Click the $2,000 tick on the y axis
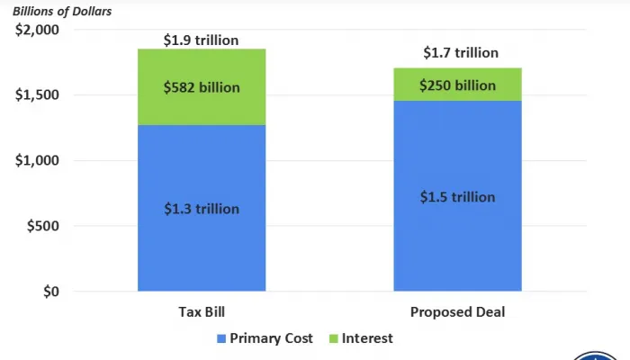pos(36,31)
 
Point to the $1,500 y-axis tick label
pos(36,95)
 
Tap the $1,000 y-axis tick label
pos(36,161)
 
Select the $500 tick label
pos(41,227)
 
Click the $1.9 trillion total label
pos(201,40)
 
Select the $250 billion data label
pos(457,85)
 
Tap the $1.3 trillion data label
pos(201,209)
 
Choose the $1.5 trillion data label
pos(457,197)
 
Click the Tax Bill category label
pos(201,312)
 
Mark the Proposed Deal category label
pos(457,312)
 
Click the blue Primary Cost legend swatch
pos(220,339)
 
